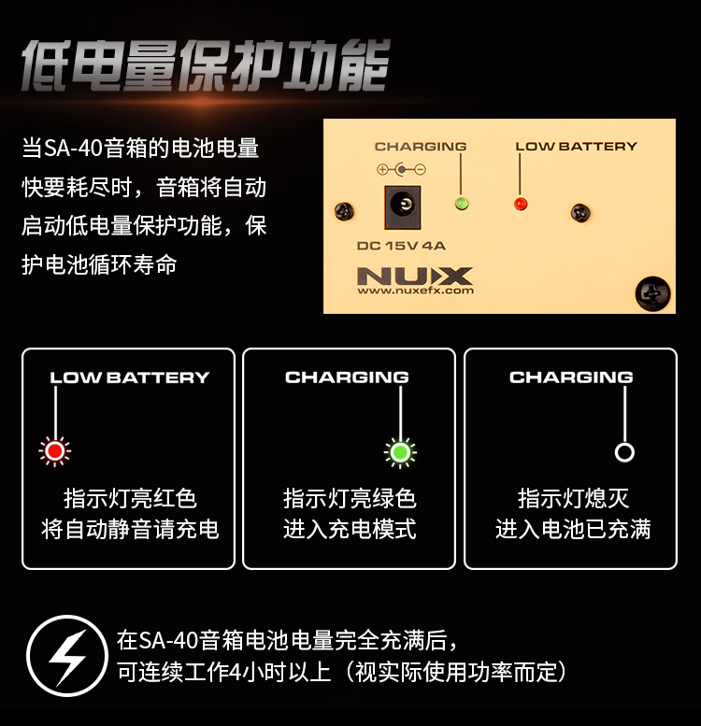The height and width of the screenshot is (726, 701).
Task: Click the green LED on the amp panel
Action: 461,203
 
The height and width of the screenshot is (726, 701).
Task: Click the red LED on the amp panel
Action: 521,204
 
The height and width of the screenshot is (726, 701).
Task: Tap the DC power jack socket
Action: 403,207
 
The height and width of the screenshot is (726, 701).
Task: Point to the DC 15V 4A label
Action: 401,246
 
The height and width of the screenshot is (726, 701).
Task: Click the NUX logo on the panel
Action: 415,276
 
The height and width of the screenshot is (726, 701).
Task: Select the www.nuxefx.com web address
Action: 415,291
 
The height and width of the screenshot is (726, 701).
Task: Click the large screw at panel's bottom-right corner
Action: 652,293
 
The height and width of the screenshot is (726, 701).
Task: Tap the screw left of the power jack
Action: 344,211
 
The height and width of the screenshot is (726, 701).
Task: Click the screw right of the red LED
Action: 580,213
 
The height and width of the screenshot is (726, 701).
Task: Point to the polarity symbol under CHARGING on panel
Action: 401,169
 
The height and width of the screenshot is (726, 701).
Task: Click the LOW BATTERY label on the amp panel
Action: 577,147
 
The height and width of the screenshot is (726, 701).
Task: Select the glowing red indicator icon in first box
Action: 55,451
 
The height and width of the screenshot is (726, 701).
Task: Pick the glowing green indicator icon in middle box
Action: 401,452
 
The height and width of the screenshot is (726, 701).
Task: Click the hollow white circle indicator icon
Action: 624,452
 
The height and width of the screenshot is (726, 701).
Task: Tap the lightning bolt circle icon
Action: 67,656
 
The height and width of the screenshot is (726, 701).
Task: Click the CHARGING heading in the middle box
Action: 348,377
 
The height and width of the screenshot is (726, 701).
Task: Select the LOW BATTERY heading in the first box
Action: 130,377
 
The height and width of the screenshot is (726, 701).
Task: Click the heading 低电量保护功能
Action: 206,65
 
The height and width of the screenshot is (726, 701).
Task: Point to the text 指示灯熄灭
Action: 573,499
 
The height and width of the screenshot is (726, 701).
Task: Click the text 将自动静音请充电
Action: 130,529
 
